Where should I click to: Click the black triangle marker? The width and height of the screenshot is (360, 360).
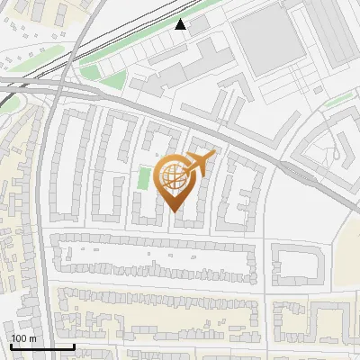point(181,24)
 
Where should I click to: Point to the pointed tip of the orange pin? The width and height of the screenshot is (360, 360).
point(175,211)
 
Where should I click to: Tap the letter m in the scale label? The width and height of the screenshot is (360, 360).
point(33,338)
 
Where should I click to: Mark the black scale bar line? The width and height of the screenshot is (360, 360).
point(42,346)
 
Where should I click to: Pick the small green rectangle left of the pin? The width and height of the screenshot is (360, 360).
point(142,177)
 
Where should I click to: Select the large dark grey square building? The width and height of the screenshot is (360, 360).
point(268,42)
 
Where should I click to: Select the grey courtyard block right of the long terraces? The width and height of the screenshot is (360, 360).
point(297,266)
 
